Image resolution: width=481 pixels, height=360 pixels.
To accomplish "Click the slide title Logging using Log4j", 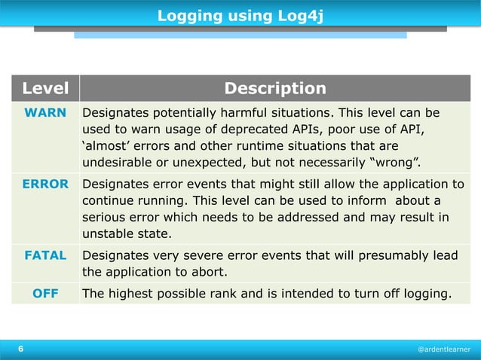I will click(240, 15).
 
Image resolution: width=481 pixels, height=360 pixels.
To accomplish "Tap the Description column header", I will click(275, 89).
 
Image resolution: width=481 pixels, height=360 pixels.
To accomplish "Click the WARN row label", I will click(45, 113).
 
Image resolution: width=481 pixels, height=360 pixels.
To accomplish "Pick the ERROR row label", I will click(45, 184).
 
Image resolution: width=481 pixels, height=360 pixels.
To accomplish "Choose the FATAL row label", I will click(45, 255).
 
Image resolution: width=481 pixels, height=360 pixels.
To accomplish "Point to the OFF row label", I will click(45, 294).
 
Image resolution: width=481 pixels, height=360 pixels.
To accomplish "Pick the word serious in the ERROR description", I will click(103, 218).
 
